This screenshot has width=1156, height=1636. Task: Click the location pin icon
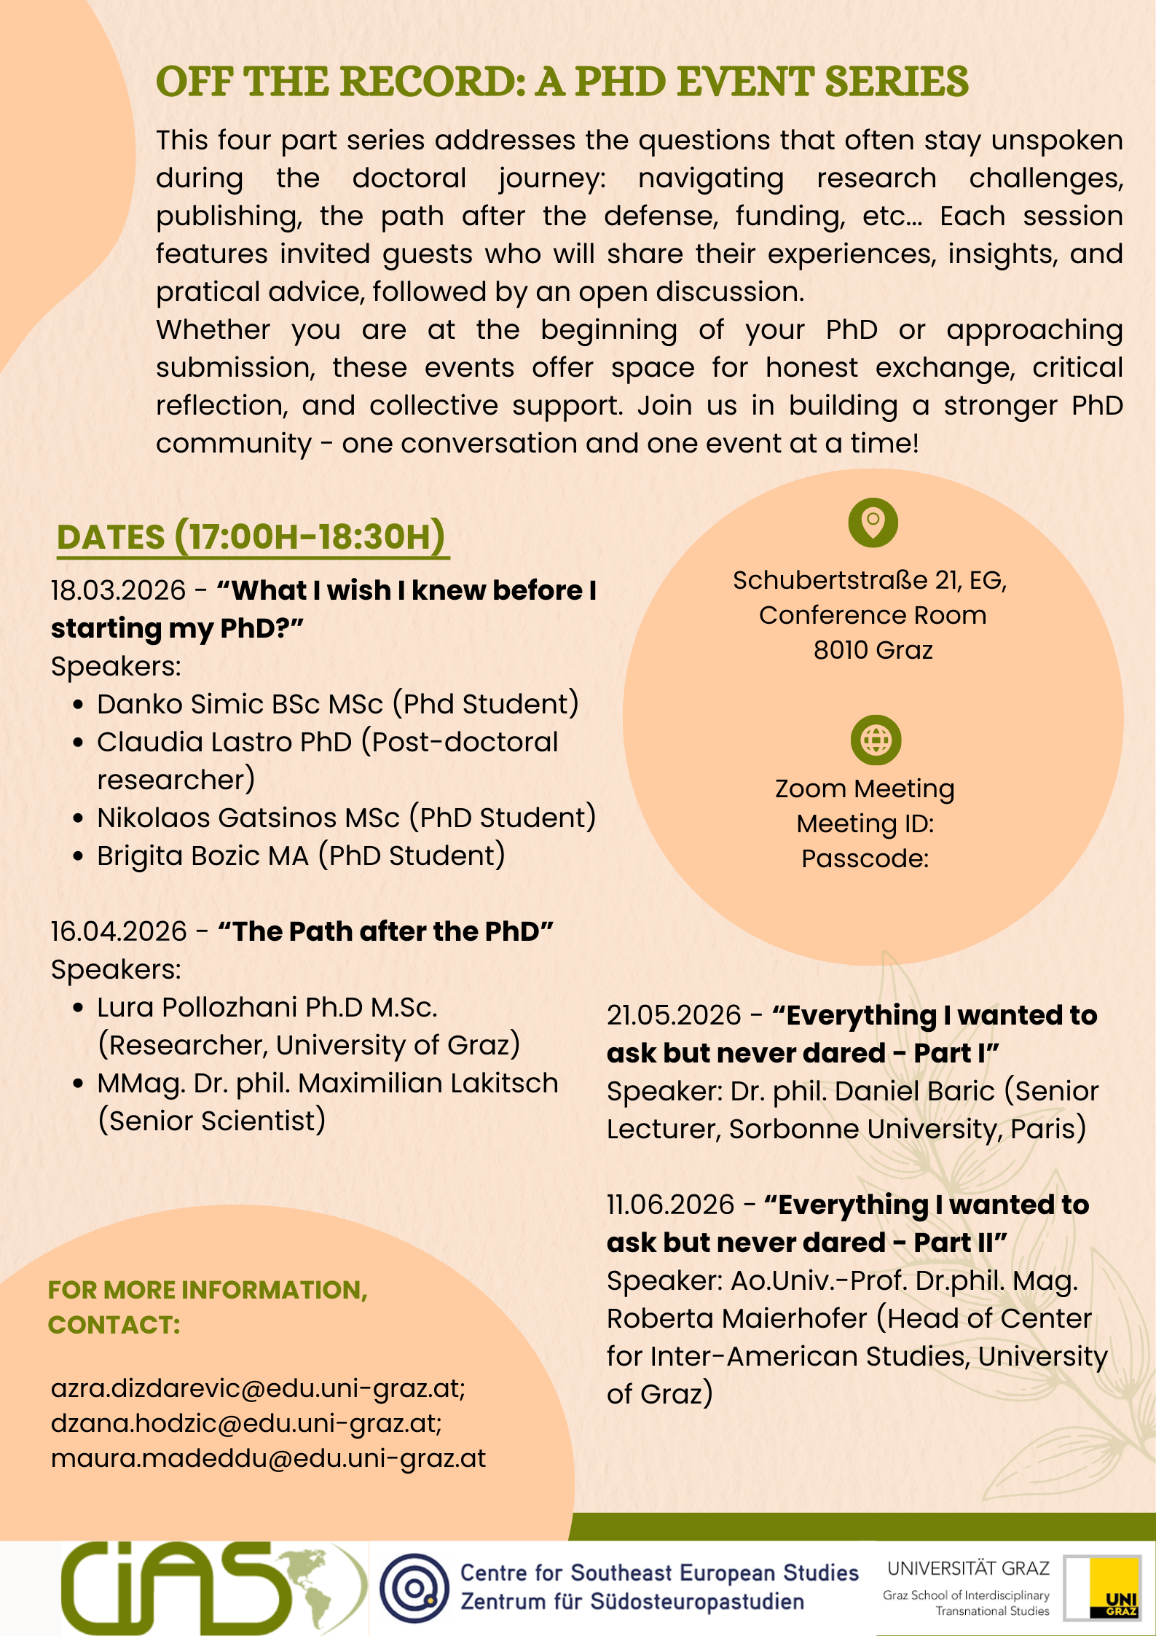(x=873, y=522)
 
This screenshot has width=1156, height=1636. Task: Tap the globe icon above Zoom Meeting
(x=876, y=740)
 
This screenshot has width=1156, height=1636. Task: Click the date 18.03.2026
(x=118, y=590)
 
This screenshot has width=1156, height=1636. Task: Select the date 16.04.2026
(x=119, y=931)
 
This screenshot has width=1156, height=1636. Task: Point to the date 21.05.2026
(x=674, y=1015)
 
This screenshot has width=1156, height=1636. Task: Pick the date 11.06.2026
(x=670, y=1205)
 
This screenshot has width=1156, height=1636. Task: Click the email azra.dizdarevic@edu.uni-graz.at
(x=258, y=1388)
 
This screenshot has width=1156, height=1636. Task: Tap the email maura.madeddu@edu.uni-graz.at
(x=268, y=1458)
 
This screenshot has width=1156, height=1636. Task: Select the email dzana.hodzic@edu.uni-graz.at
(x=246, y=1423)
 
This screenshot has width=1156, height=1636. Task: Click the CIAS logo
(x=211, y=1587)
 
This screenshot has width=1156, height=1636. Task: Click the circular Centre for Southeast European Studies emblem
(x=414, y=1587)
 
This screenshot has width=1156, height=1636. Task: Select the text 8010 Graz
(x=873, y=649)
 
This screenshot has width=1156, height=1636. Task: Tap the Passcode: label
(x=865, y=858)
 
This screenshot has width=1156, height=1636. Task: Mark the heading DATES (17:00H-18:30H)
(x=251, y=537)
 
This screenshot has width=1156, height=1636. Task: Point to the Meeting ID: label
(x=865, y=823)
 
